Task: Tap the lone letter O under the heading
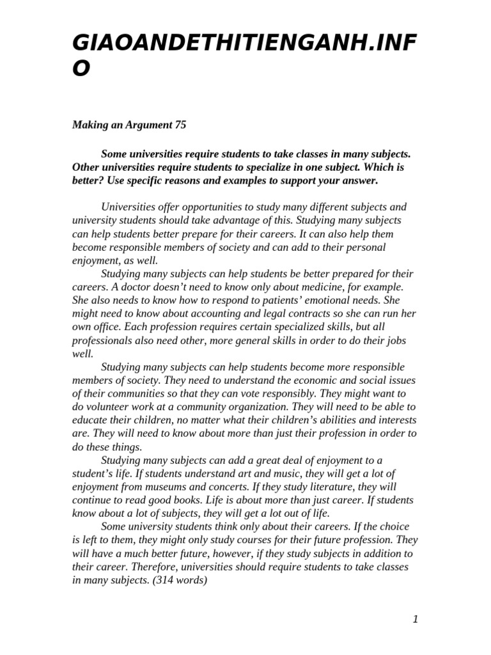pyautogui.click(x=82, y=68)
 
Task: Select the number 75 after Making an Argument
pyautogui.click(x=180, y=125)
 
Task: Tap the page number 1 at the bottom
pyautogui.click(x=415, y=619)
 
